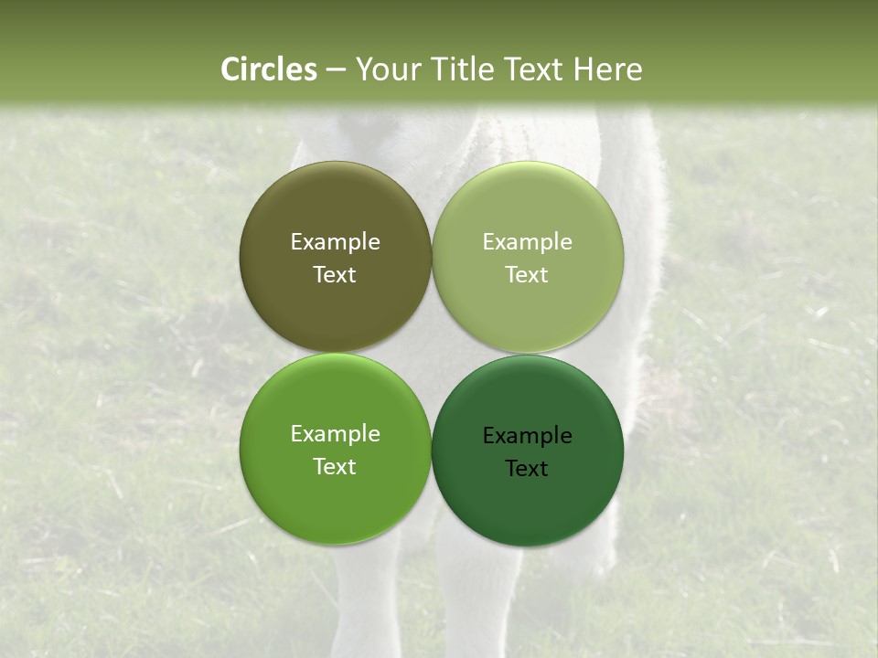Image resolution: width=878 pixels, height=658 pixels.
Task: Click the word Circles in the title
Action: (x=269, y=69)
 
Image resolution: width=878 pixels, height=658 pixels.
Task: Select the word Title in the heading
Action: (x=466, y=69)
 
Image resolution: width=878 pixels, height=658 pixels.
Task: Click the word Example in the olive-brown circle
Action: (x=335, y=242)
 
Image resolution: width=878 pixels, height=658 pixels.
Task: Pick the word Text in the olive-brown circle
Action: (x=335, y=275)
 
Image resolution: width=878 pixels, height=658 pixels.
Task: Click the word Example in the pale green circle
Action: (x=527, y=242)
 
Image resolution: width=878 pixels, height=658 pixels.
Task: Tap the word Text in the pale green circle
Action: (x=527, y=275)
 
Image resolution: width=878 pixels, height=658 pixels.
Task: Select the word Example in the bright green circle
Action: (x=335, y=434)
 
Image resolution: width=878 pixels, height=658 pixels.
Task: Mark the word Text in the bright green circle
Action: (x=335, y=467)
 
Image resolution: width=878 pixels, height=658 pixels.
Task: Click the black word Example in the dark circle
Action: (x=527, y=436)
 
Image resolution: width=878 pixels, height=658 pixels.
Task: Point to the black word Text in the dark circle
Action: (x=527, y=469)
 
